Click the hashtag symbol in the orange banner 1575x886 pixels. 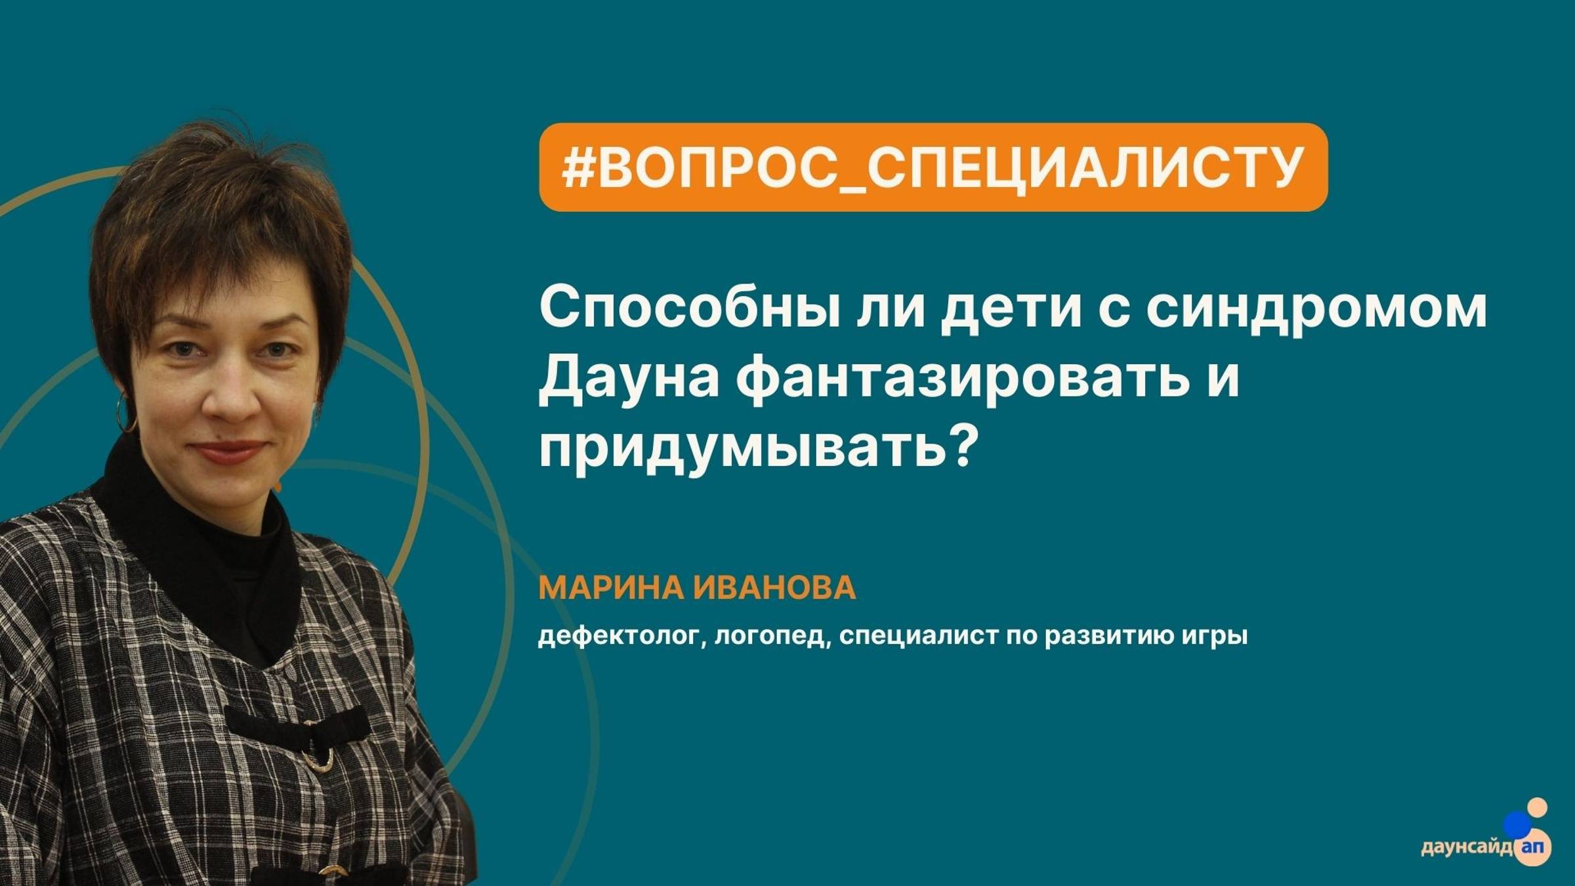577,167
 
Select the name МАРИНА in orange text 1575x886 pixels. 610,587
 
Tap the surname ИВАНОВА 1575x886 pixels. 774,587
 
